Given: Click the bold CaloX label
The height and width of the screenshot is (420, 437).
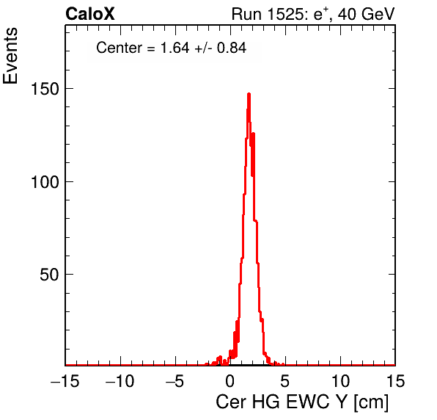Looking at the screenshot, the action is pos(90,14).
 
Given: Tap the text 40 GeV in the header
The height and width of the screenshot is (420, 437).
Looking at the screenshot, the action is pos(367,14).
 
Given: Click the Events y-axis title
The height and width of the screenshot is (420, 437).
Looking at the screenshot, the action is pos(10,56).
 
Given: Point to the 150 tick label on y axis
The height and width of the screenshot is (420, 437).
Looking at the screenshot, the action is pos(45,90).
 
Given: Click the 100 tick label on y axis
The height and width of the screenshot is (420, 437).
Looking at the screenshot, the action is pos(45,182).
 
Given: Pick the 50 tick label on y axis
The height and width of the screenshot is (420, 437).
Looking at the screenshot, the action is pos(50,275).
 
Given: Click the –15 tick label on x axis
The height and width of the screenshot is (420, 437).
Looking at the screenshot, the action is pos(65,381).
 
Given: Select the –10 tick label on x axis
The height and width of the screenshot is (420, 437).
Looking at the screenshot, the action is pos(120,381).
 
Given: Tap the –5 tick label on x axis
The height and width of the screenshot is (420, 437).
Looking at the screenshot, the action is pos(175,381).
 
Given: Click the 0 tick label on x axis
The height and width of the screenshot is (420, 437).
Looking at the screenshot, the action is pos(230,381).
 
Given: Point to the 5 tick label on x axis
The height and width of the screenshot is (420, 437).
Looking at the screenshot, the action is pos(284,381).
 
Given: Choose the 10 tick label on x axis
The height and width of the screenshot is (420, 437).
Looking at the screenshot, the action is pos(340,381).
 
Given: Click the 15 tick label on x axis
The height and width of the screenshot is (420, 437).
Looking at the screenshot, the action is pos(395,381).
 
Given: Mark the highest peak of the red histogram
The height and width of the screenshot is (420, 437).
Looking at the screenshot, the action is pos(249,94).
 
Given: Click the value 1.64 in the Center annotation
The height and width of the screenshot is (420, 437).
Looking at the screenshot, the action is pos(175,48).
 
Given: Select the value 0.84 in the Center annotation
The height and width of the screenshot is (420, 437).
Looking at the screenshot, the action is pos(232,48).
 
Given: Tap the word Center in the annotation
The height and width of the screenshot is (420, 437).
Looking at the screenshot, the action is pos(119,48).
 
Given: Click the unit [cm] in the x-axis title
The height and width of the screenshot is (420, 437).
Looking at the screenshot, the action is pos(371,402).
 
